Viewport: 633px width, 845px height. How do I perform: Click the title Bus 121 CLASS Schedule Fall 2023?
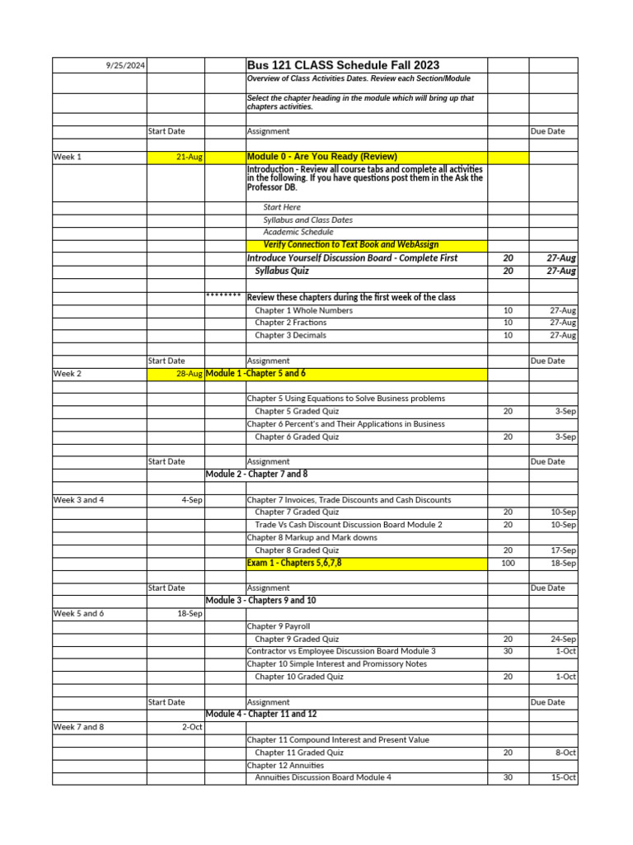(x=343, y=65)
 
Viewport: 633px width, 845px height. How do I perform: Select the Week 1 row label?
(x=68, y=157)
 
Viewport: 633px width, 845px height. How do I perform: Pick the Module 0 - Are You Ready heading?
(x=322, y=157)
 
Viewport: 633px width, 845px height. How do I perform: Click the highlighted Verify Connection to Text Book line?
(x=350, y=244)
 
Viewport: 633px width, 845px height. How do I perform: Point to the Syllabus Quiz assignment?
(x=282, y=271)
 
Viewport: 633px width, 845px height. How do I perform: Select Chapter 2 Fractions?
(x=291, y=323)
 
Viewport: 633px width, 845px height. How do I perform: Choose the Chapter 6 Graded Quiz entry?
(x=297, y=437)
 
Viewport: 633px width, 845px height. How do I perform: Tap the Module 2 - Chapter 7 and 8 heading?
(x=256, y=474)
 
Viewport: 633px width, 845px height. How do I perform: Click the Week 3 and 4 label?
(x=79, y=500)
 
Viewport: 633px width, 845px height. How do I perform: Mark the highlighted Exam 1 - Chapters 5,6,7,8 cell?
(x=294, y=563)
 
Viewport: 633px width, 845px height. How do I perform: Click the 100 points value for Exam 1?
(x=508, y=563)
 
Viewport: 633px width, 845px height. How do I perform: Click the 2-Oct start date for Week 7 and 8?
(x=192, y=727)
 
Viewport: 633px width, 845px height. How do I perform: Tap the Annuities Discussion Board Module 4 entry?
(x=323, y=777)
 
